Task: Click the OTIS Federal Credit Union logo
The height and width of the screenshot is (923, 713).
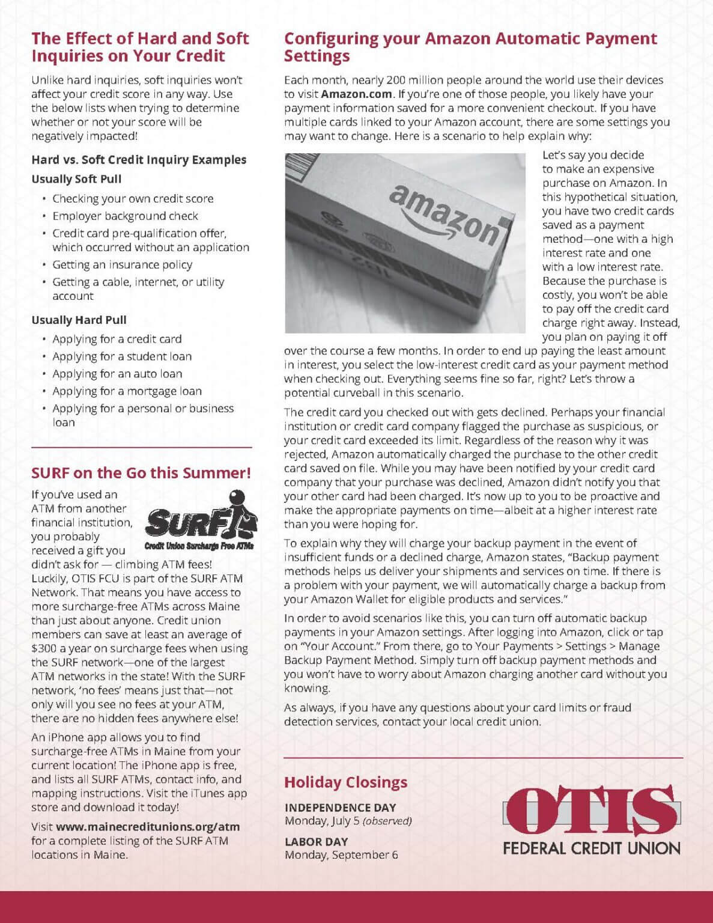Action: pos(592,821)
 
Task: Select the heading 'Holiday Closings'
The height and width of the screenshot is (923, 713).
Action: pos(345,782)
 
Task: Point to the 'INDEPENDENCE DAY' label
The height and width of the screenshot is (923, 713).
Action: pos(340,807)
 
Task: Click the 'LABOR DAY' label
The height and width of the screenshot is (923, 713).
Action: pos(316,841)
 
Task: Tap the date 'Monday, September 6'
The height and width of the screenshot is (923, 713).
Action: pos(341,855)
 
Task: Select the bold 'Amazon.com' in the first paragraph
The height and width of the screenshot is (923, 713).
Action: pos(356,94)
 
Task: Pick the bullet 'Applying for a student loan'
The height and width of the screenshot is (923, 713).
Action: pos(122,356)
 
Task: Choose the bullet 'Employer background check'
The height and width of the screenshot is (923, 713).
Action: pos(125,216)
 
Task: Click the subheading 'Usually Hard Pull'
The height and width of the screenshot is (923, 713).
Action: pos(79,320)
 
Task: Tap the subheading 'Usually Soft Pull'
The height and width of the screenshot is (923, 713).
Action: pos(76,179)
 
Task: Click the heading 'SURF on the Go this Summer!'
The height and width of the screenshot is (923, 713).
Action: pos(141,473)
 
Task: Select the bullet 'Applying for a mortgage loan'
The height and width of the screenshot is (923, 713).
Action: pos(127,391)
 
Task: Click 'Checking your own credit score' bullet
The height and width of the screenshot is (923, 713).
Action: pos(133,198)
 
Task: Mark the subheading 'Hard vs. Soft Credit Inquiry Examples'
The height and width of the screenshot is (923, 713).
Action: pos(139,160)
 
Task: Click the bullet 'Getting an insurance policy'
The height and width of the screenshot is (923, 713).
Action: pos(122,264)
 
